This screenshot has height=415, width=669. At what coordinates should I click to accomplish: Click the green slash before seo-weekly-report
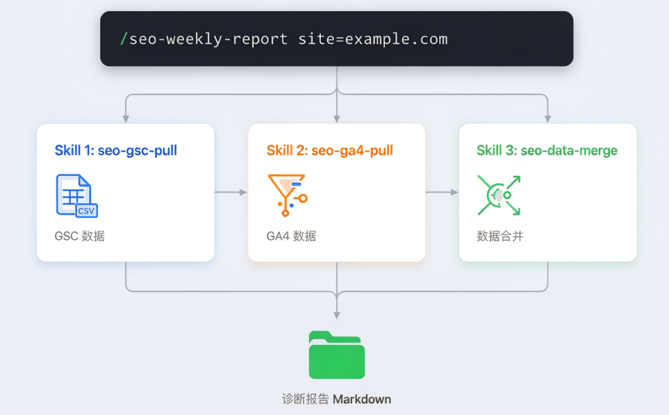pos(124,39)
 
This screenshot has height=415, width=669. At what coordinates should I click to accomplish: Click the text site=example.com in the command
pos(373,39)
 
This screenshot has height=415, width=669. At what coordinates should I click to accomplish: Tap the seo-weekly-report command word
pos(208,40)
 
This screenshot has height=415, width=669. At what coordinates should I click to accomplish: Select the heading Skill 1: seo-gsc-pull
pos(116,151)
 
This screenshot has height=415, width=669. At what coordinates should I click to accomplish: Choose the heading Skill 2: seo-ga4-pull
pos(330,151)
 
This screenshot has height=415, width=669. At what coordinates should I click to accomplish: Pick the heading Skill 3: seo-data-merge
pos(547,151)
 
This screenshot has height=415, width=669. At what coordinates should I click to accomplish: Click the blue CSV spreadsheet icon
pos(77,196)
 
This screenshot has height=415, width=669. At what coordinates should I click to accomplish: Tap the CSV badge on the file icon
pos(87,211)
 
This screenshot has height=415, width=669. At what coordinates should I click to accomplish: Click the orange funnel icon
pos(287,195)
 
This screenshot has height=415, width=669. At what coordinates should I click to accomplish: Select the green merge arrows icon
pos(499,195)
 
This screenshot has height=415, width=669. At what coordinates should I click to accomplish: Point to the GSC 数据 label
pos(80,236)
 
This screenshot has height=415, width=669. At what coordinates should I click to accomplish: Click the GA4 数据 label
pos(291,236)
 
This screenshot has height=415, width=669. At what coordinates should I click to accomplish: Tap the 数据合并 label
pos(500,236)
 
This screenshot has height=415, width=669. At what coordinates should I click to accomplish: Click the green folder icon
pos(336,355)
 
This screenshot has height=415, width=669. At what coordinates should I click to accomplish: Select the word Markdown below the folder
pos(362,400)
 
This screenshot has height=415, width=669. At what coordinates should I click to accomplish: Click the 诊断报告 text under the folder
pos(305,400)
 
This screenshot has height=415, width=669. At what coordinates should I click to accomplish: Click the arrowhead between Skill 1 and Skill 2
pos(243,193)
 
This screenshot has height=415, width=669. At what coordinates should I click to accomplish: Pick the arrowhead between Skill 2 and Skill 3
pos(455,193)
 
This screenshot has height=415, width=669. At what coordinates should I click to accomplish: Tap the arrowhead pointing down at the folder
pos(337,315)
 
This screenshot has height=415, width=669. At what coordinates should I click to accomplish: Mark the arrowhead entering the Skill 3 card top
pos(548,118)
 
